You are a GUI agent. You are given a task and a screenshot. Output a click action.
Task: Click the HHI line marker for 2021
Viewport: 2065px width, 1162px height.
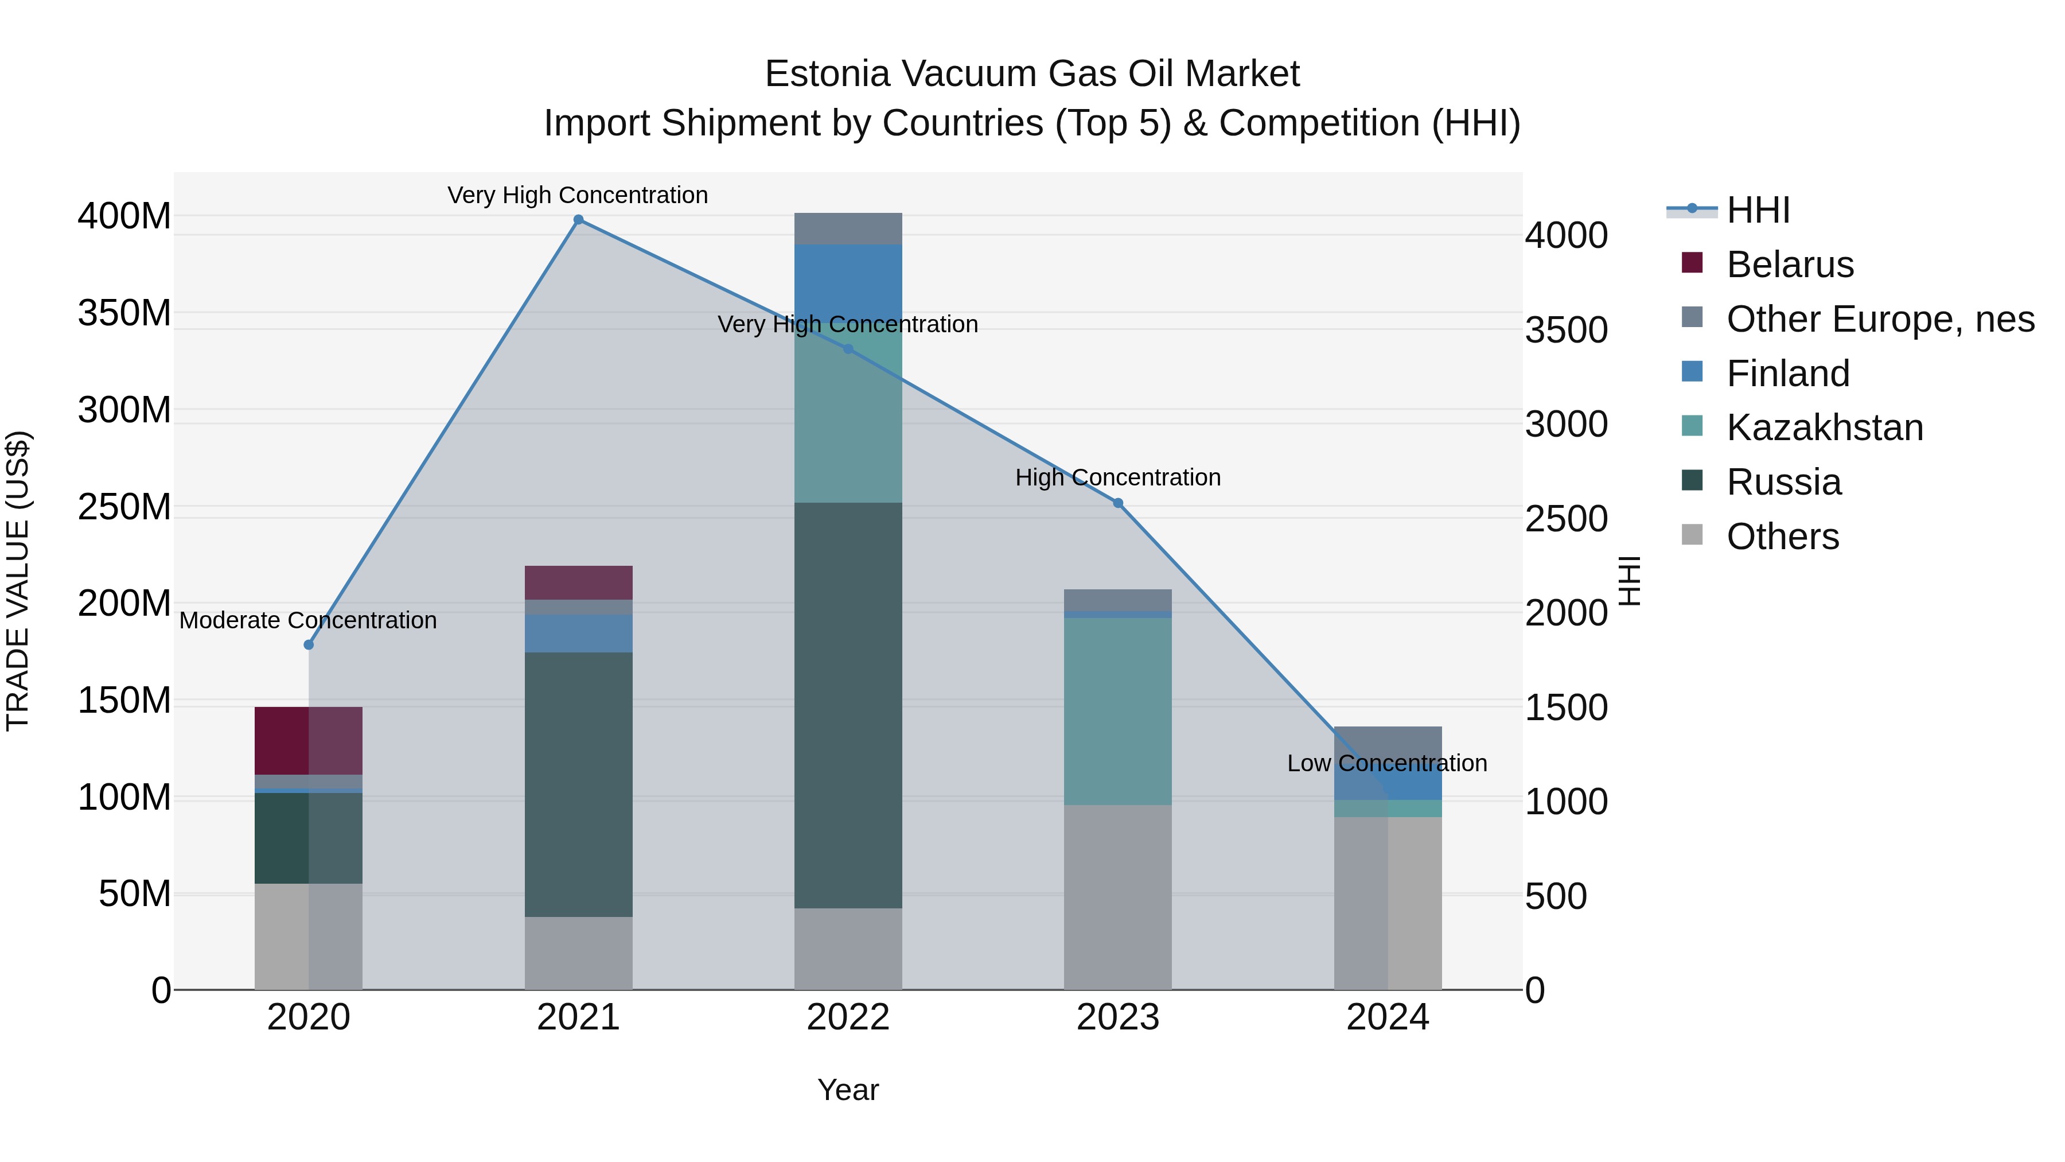tap(578, 220)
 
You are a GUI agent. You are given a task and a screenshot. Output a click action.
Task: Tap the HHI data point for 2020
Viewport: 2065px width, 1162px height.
tap(309, 645)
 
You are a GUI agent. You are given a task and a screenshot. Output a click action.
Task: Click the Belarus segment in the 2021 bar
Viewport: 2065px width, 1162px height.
tap(578, 583)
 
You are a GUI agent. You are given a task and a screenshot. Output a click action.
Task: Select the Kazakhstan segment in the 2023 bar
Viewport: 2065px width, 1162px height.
tap(1117, 712)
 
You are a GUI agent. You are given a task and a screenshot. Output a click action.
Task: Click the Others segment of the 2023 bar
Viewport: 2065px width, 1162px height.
tap(1117, 896)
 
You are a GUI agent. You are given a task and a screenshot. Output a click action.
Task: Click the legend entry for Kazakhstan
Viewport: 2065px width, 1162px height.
tap(1825, 428)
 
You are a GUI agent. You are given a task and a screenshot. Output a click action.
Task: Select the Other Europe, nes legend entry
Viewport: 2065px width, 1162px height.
tap(1880, 319)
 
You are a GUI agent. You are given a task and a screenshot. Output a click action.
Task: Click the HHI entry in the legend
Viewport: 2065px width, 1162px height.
tap(1758, 210)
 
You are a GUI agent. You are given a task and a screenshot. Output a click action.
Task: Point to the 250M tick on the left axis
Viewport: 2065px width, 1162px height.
tap(124, 507)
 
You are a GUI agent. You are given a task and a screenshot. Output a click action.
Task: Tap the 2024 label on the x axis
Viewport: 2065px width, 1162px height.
tap(1387, 1017)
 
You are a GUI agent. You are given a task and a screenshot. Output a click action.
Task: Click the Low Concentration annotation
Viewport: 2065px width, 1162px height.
tap(1387, 763)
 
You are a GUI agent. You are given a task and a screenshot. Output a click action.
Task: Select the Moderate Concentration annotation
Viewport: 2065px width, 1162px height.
tap(308, 621)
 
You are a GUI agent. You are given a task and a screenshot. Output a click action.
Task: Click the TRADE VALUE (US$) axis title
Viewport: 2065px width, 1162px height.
tap(18, 581)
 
